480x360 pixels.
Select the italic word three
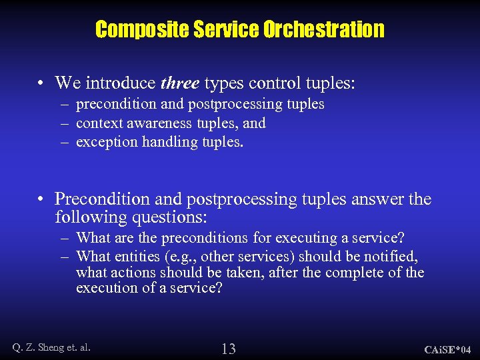click(180, 83)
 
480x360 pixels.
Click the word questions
click(174, 217)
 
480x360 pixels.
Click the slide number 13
click(229, 348)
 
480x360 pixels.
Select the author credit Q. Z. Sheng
click(40, 347)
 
